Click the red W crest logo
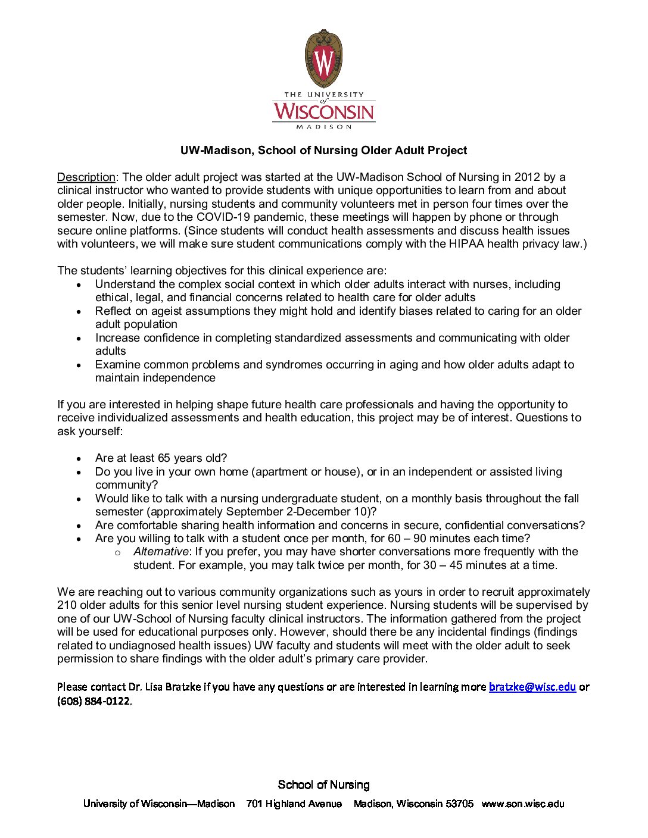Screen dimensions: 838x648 (x=324, y=59)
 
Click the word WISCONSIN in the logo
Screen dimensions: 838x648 (x=324, y=111)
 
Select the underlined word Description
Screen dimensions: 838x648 (x=86, y=177)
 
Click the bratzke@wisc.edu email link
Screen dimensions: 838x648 (x=532, y=687)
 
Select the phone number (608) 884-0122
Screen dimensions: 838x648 (x=94, y=701)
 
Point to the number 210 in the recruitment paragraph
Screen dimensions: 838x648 (x=67, y=605)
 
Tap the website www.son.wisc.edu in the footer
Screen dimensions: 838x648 (x=522, y=804)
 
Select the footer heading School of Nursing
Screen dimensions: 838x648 (x=323, y=785)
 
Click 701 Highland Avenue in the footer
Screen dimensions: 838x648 (x=294, y=804)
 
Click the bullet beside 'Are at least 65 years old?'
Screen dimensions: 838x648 (x=79, y=459)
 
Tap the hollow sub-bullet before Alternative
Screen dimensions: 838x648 (x=117, y=553)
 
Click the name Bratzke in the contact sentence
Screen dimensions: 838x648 (x=183, y=687)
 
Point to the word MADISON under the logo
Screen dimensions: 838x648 (x=324, y=127)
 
